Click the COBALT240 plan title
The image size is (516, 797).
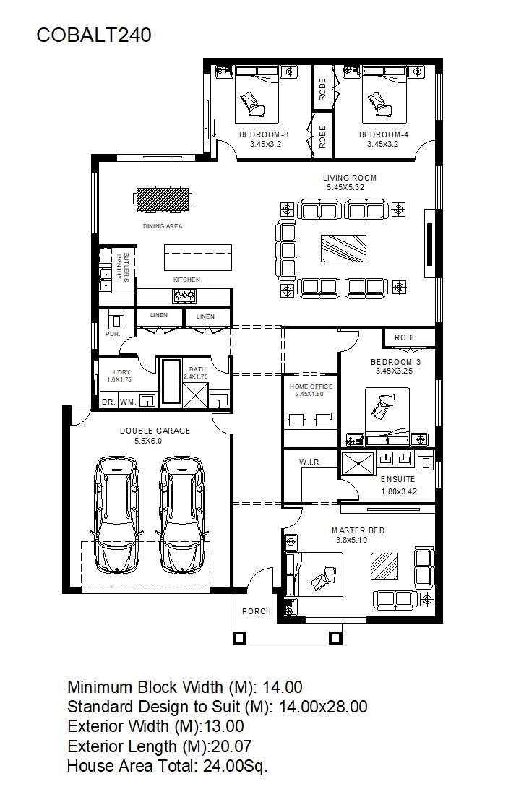coord(94,35)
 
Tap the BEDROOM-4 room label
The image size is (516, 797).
coord(384,134)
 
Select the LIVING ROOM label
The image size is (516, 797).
coord(350,178)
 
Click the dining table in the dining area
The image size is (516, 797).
coord(163,199)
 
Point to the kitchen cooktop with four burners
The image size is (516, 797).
coord(184,294)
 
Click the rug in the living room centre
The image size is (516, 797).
coord(344,249)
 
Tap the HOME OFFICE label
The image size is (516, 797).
coord(311,387)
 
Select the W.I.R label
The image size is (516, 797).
coord(309,462)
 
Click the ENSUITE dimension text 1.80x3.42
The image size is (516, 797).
coord(399,491)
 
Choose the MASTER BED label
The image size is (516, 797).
coord(358,530)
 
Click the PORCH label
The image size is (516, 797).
coord(257,611)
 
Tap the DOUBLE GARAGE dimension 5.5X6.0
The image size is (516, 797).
coord(148,441)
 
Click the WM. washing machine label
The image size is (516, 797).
coord(128,402)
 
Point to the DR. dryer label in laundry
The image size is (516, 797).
coord(108,402)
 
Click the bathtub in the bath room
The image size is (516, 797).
coord(171,382)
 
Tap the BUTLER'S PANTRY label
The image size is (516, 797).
coord(123,267)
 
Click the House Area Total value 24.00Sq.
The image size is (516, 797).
coord(236,765)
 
